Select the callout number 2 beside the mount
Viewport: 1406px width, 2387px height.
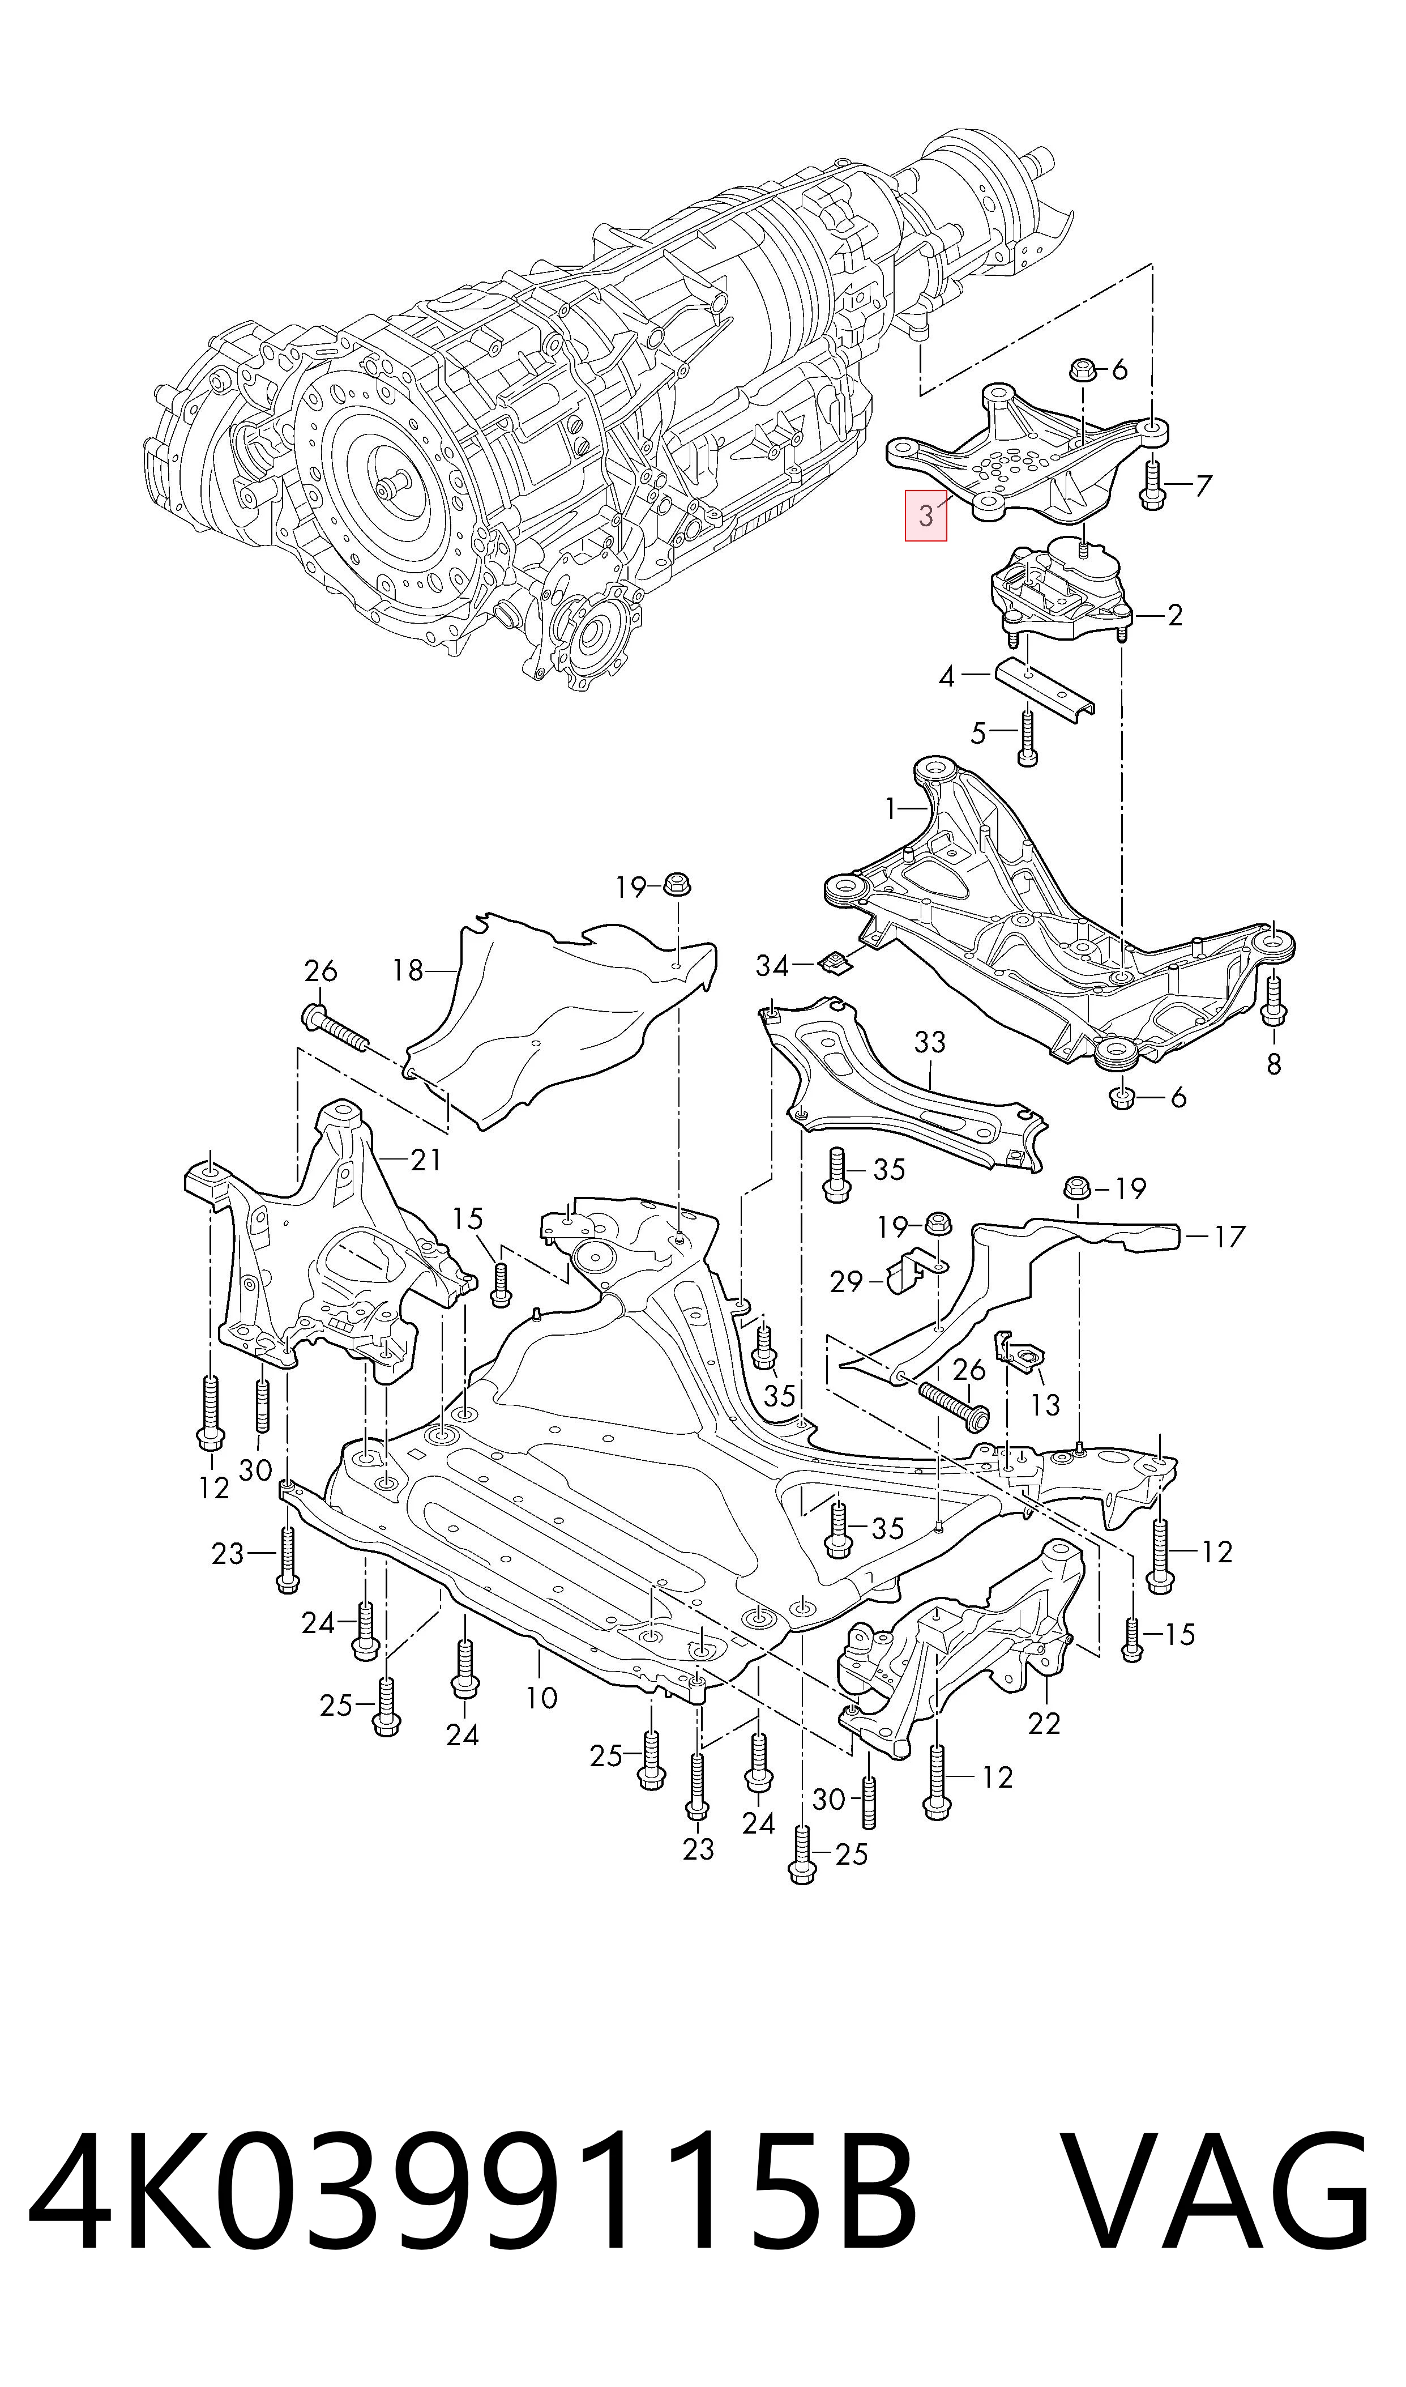pyautogui.click(x=1175, y=616)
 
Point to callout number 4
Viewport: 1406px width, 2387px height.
pyautogui.click(x=946, y=676)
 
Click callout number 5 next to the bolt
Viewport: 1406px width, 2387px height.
pyautogui.click(x=978, y=732)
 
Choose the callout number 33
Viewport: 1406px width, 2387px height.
pyautogui.click(x=930, y=1042)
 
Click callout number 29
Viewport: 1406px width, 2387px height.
pyautogui.click(x=846, y=1282)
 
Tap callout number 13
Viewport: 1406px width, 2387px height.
pyautogui.click(x=1044, y=1404)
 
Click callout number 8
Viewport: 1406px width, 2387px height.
pyautogui.click(x=1273, y=1064)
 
